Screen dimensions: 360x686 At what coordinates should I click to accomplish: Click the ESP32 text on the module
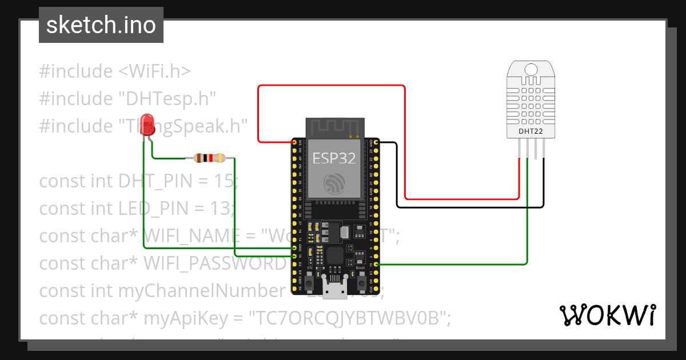tap(335, 158)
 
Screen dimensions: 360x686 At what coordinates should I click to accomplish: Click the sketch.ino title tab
tap(101, 25)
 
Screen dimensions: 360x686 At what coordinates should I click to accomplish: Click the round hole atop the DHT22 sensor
tap(531, 69)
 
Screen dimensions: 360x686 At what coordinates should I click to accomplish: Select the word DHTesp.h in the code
tap(167, 98)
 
